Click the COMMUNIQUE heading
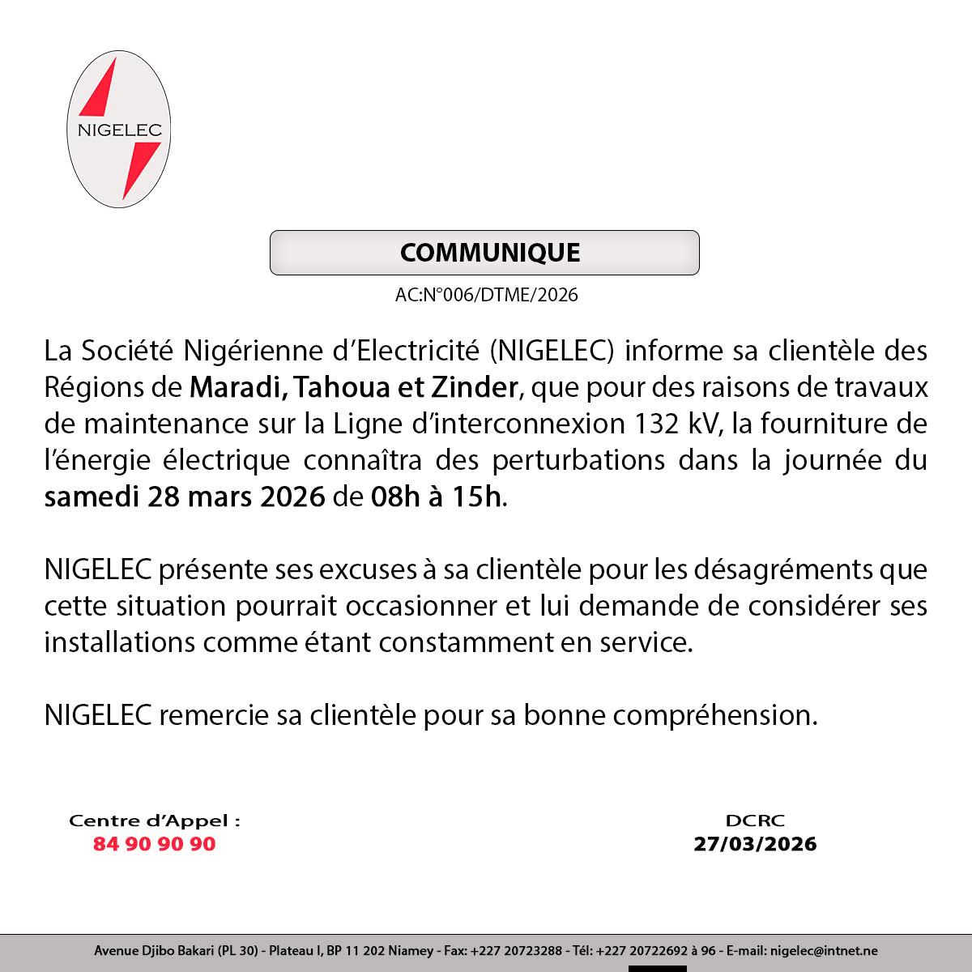pos(490,253)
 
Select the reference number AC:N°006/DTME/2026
pos(487,295)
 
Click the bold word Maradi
pos(231,389)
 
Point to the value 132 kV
pos(676,424)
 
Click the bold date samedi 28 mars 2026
pos(185,496)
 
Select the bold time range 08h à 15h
pos(437,496)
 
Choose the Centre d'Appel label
pos(155,821)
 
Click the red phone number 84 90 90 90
pos(155,844)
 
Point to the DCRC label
pos(755,821)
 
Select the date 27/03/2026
pos(755,844)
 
